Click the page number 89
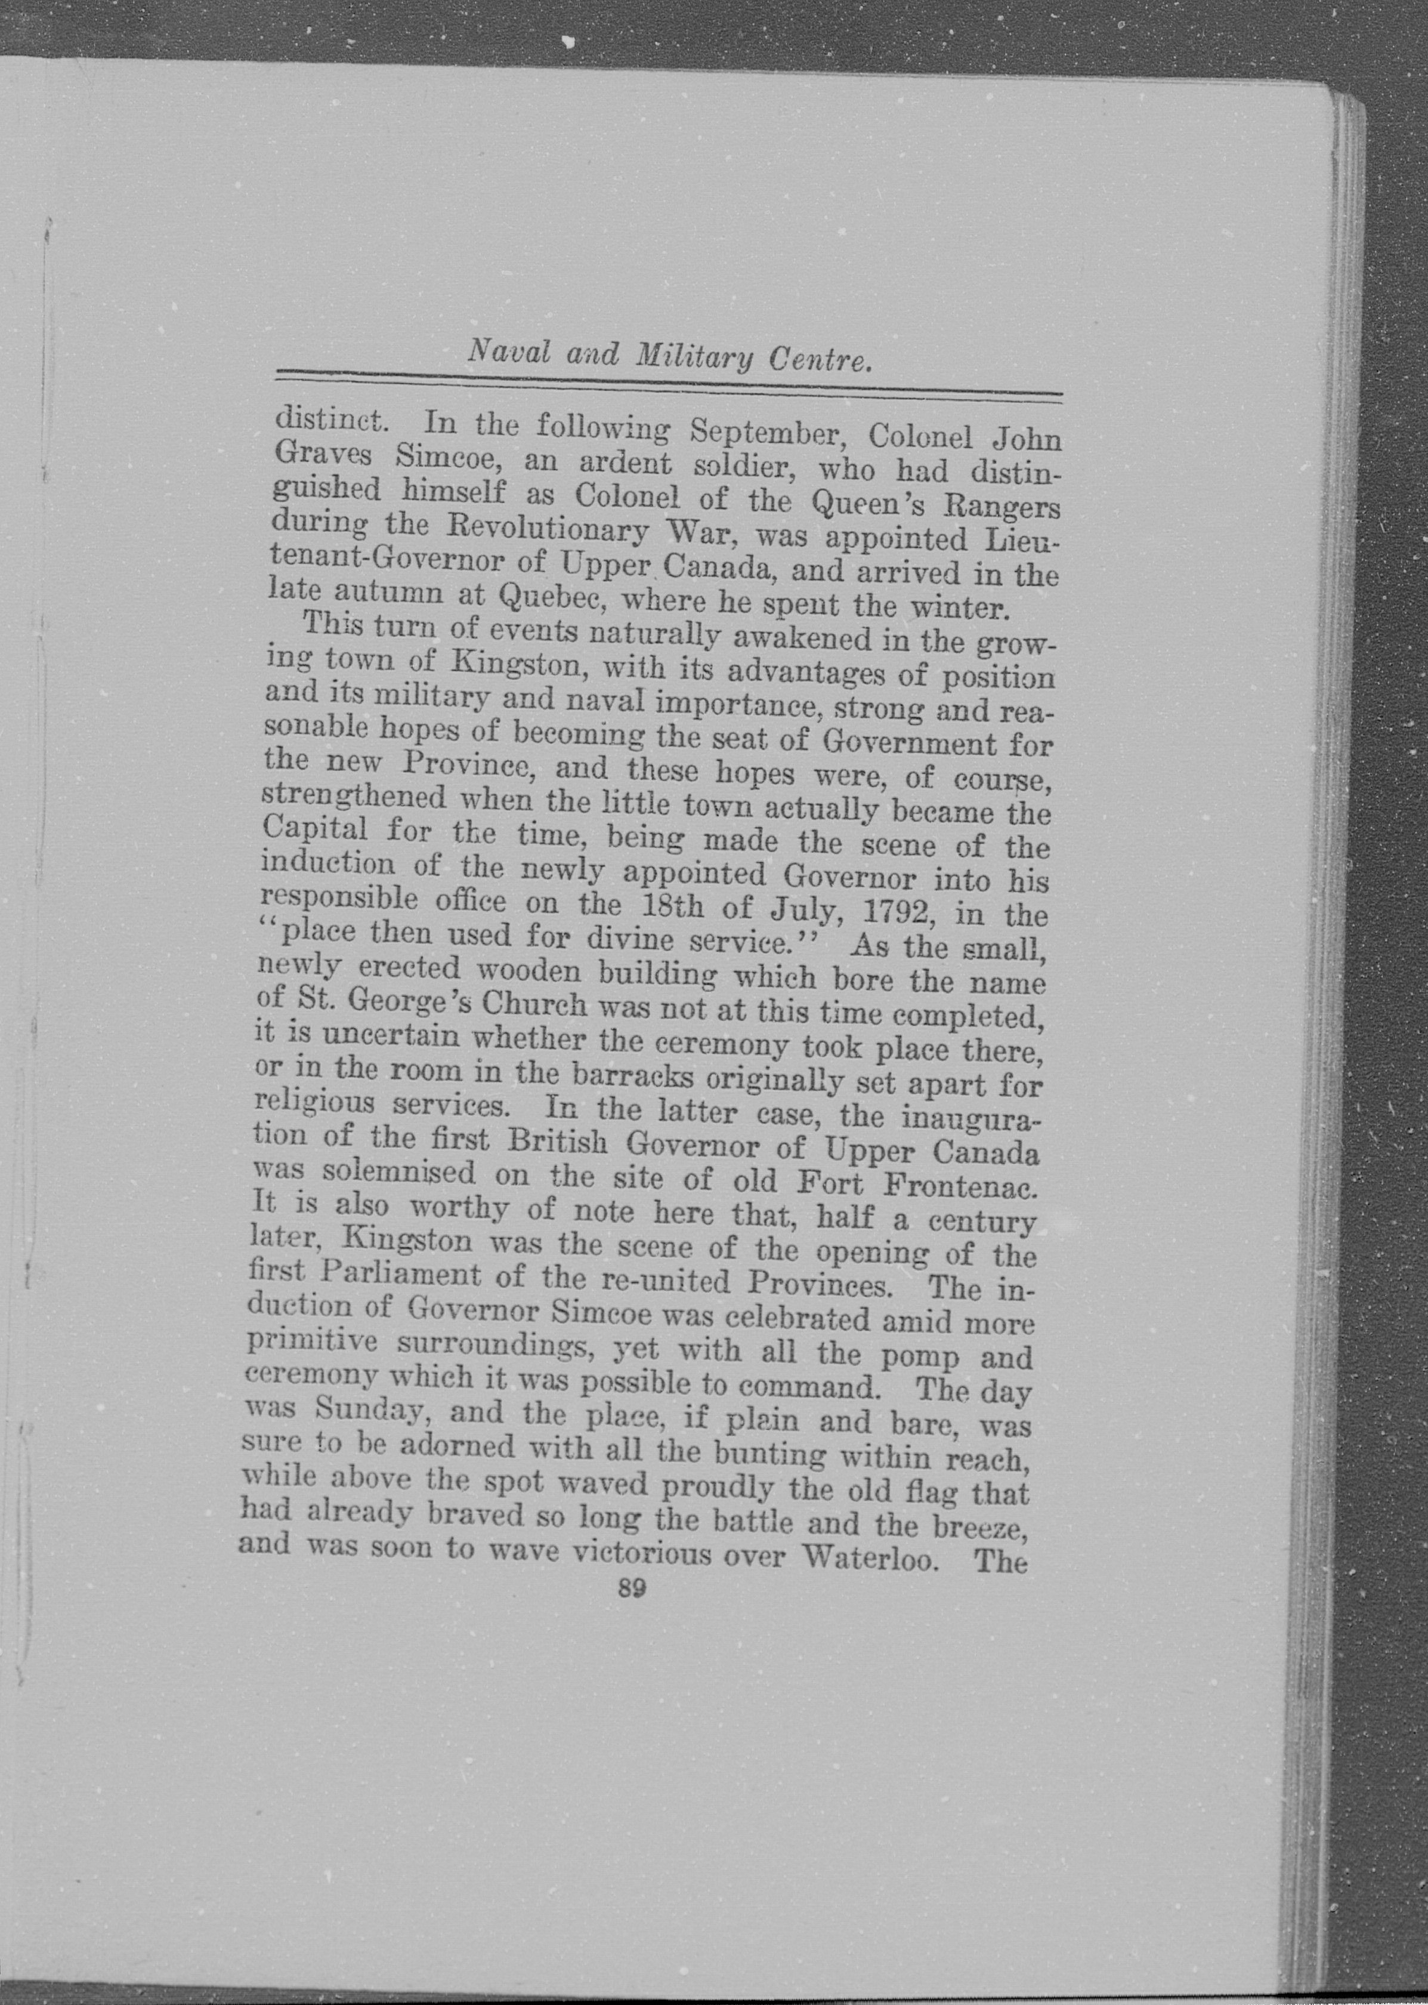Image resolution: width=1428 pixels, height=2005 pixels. click(632, 1588)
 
